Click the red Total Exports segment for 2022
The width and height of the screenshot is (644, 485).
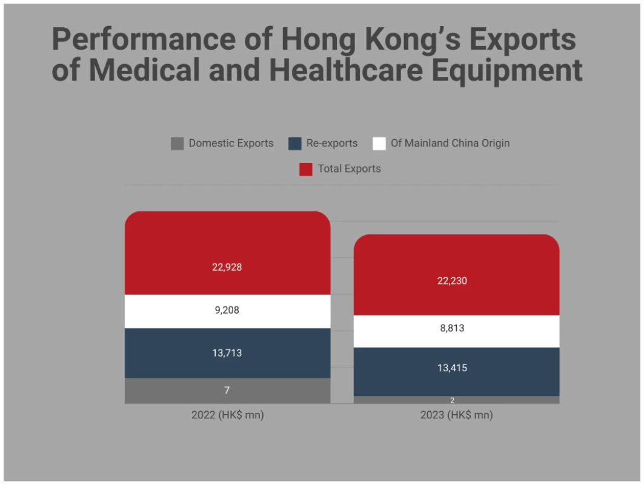228,252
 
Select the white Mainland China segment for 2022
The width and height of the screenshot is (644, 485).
228,311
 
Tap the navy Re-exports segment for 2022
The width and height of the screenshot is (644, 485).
228,353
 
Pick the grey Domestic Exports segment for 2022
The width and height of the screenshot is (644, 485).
228,391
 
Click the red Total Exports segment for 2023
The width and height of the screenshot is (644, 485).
456,275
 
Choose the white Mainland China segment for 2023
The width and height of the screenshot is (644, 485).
456,332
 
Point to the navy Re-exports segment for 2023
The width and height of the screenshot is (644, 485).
456,372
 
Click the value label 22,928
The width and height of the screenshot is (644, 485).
227,267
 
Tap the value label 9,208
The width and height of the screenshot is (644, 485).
227,310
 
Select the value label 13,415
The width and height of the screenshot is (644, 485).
452,368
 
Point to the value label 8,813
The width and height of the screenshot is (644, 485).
452,328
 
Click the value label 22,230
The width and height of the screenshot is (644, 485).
452,281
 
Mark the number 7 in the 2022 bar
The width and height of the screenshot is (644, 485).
227,390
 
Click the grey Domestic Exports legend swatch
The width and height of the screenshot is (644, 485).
178,144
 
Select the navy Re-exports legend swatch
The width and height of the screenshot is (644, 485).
295,144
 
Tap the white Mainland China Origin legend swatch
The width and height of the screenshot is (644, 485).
379,144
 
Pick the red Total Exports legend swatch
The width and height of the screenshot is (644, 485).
305,169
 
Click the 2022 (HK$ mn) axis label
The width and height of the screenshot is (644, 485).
228,415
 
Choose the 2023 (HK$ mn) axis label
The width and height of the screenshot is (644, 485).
456,415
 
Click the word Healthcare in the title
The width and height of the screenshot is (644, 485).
346,70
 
